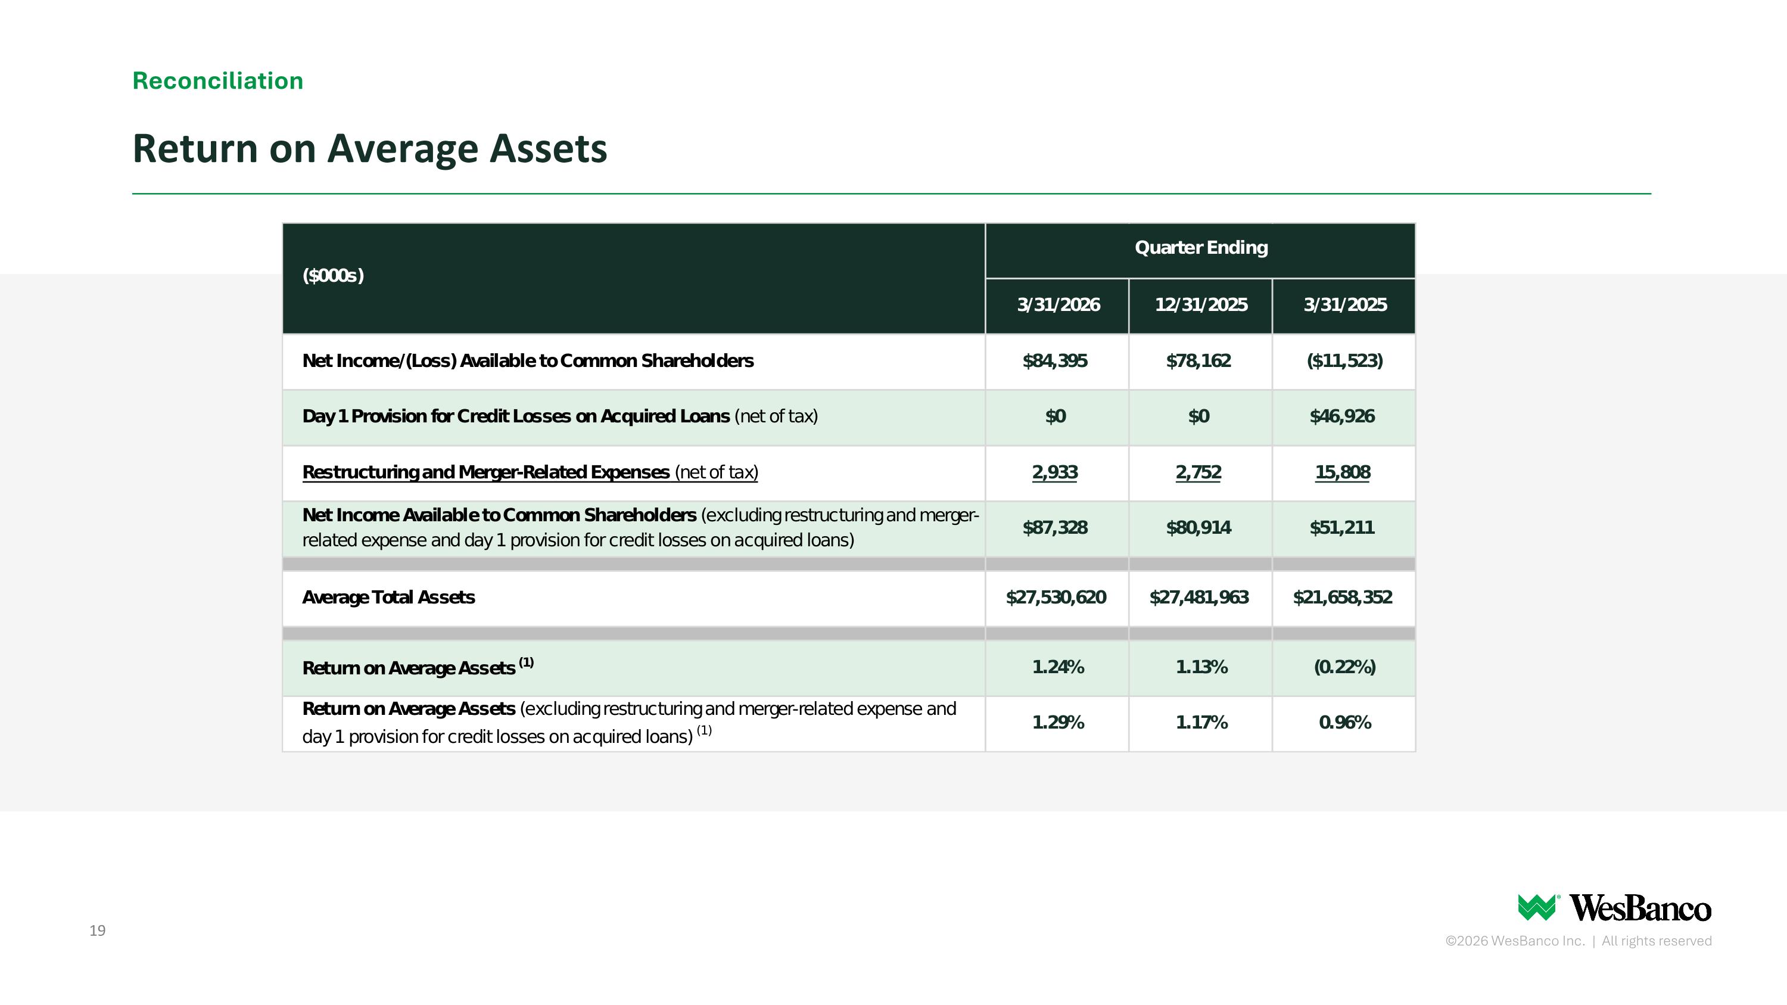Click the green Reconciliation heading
(x=218, y=80)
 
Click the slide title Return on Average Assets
(x=370, y=148)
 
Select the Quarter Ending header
(x=1201, y=248)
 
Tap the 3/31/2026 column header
(x=1058, y=304)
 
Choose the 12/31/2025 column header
(x=1201, y=304)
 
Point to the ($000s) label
(x=333, y=275)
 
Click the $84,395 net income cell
(x=1055, y=360)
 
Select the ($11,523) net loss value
(x=1344, y=360)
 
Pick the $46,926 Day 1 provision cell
(x=1341, y=416)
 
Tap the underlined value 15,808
(x=1342, y=472)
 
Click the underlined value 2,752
(x=1198, y=472)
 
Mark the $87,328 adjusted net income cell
(x=1055, y=528)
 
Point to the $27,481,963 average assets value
(x=1198, y=597)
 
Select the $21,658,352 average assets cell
(x=1342, y=597)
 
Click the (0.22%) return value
(x=1344, y=667)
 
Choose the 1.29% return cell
(x=1058, y=723)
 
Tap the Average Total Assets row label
(x=388, y=597)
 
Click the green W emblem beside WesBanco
(x=1537, y=907)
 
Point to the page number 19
(x=97, y=931)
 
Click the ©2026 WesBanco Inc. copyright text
(x=1515, y=941)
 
